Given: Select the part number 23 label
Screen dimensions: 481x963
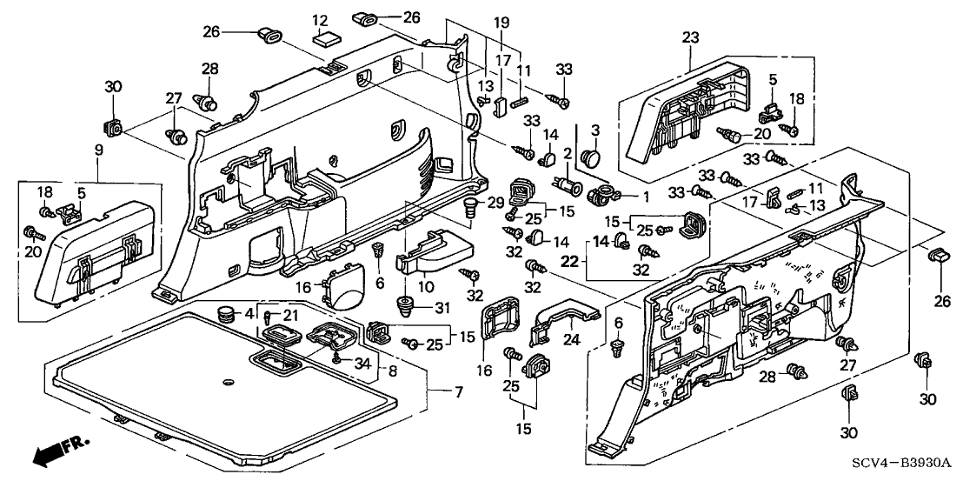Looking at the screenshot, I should tap(690, 37).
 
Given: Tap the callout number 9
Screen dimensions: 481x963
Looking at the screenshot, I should tap(99, 150).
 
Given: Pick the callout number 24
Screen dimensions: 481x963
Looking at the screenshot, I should tap(574, 340).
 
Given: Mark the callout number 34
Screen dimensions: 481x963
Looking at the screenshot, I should tap(362, 361).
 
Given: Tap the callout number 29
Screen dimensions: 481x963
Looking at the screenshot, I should tap(495, 202).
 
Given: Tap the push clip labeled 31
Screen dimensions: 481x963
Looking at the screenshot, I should tap(404, 305).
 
